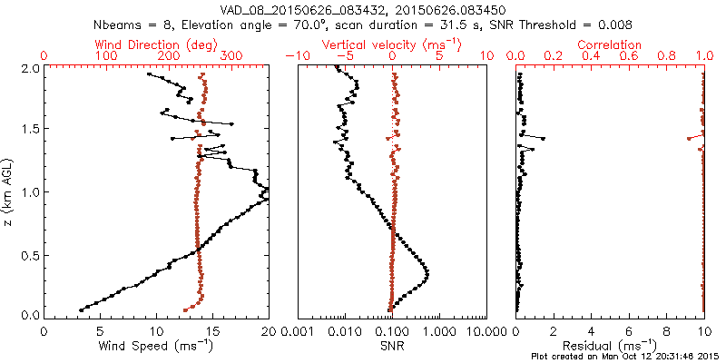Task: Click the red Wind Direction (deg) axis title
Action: [x=155, y=44]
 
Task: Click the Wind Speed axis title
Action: [x=156, y=346]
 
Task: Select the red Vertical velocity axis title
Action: [x=392, y=44]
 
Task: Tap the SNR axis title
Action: [x=392, y=346]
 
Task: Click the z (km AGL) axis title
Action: [x=8, y=192]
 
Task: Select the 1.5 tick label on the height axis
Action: [x=29, y=130]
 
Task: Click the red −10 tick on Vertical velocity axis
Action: [x=297, y=56]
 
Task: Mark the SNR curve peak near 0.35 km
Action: [x=427, y=273]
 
